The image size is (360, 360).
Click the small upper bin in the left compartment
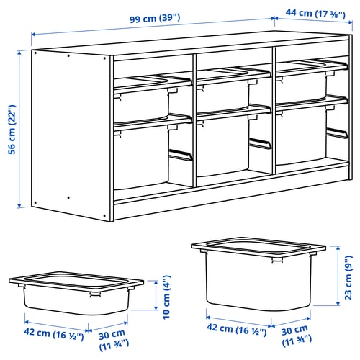click(142, 96)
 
